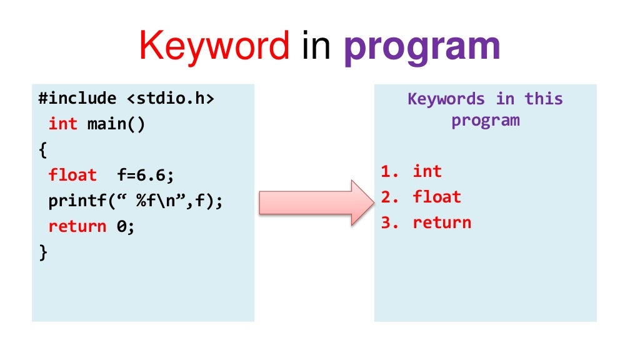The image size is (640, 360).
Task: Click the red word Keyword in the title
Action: click(x=214, y=47)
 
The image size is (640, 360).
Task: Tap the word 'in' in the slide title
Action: click(x=316, y=47)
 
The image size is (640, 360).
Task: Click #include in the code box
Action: click(x=77, y=99)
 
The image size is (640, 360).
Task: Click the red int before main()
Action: click(x=62, y=124)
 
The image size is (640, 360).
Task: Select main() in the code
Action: click(x=116, y=124)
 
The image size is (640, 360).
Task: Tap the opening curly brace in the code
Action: click(x=42, y=150)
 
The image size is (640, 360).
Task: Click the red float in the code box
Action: click(x=72, y=176)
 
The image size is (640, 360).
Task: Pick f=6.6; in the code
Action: click(x=145, y=176)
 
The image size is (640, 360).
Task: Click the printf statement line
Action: click(x=136, y=201)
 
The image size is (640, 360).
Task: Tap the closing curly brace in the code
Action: click(x=42, y=252)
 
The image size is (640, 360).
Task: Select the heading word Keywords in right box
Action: click(x=446, y=99)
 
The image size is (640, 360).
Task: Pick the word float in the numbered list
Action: click(x=436, y=197)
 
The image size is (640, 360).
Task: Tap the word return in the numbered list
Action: click(x=441, y=222)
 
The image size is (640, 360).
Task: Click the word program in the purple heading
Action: click(x=485, y=120)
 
